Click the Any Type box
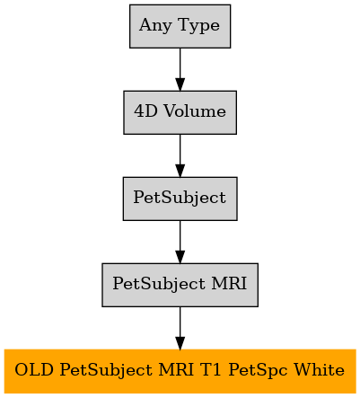click(180, 26)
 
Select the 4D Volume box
click(180, 112)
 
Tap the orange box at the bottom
click(180, 371)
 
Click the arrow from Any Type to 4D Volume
click(180, 69)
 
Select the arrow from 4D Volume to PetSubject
click(180, 155)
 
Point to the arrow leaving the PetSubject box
click(180, 242)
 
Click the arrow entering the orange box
click(180, 328)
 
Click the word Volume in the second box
click(195, 111)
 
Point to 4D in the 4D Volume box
click(145, 111)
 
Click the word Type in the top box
click(198, 26)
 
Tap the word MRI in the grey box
click(229, 283)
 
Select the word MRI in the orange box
click(176, 370)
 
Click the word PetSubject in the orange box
click(106, 371)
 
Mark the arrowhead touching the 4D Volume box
click(180, 84)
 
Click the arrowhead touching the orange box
click(180, 343)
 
